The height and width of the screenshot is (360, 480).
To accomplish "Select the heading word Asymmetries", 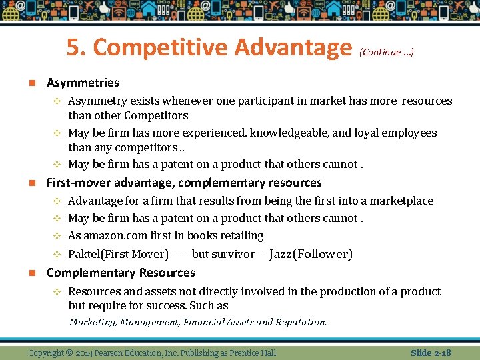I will tap(83, 83).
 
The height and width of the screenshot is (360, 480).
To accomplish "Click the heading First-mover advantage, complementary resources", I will tap(184, 183).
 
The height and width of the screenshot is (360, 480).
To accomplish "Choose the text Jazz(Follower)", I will tap(311, 254).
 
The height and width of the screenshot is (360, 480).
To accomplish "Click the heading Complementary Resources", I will tap(121, 273).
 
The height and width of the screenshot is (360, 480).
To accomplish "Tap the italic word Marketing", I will tap(93, 322).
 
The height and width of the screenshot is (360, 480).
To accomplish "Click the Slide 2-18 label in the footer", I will tap(431, 353).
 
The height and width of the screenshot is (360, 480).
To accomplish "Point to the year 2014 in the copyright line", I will tap(85, 353).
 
